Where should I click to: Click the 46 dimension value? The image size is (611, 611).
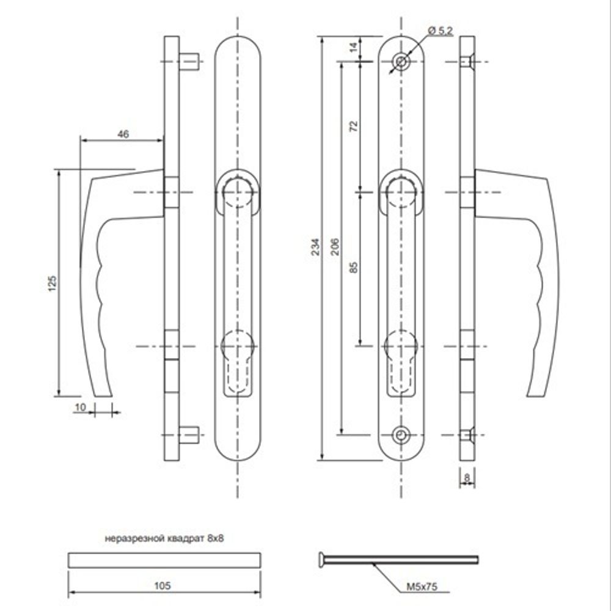tap(123, 135)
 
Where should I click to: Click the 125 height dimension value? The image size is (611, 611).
tap(53, 282)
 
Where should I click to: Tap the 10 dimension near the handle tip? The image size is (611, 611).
tap(80, 407)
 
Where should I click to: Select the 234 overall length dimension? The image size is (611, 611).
tap(315, 246)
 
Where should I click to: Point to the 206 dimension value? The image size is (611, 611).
tap(334, 246)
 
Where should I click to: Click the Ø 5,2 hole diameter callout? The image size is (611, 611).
tap(440, 31)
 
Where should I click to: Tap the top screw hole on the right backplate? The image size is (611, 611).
tap(401, 62)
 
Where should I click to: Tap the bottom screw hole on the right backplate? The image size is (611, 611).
tap(401, 434)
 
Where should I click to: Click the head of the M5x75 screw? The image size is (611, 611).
tap(321, 558)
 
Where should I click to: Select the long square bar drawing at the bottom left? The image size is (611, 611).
tap(164, 560)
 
